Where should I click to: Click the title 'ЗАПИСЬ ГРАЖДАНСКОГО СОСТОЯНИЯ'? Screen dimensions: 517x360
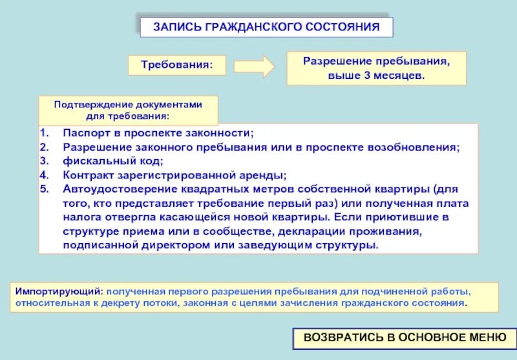tap(266, 27)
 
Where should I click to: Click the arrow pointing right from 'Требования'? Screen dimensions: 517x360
tap(254, 66)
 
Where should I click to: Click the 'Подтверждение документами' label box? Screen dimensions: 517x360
tap(128, 111)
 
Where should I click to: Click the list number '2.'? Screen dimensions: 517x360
tap(43, 147)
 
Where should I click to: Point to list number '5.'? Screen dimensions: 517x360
tap(43, 189)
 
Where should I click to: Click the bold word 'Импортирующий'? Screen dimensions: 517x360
tap(59, 291)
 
